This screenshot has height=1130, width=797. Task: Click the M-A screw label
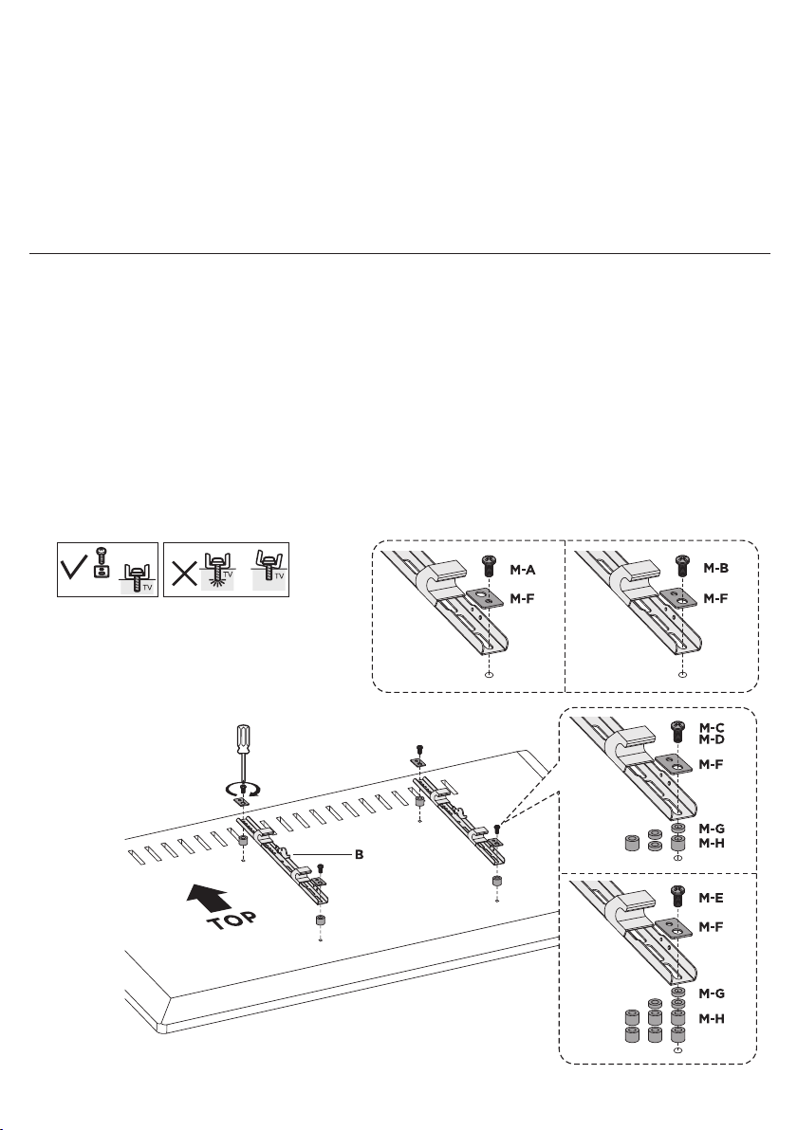(x=522, y=570)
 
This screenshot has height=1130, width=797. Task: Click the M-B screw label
(x=715, y=568)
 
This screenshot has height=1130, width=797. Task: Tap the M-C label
(x=712, y=728)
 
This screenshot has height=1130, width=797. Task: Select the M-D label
(x=712, y=738)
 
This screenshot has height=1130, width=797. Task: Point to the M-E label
(x=711, y=898)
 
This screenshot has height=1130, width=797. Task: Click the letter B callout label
(x=359, y=855)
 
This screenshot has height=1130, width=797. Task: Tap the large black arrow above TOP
(x=209, y=898)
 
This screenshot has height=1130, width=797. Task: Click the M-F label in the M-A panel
(x=522, y=598)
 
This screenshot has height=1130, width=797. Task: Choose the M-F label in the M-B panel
(x=715, y=597)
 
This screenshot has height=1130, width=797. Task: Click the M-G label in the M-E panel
(x=712, y=993)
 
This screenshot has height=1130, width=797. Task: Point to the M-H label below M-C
(x=712, y=843)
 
